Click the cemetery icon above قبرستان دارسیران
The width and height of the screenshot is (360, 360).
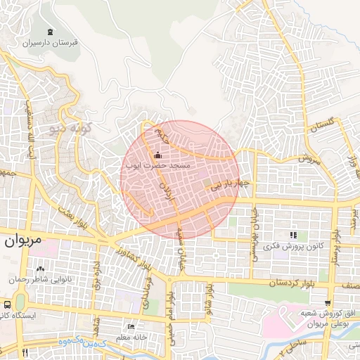tap(50, 32)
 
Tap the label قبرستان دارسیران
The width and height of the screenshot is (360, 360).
tap(50, 43)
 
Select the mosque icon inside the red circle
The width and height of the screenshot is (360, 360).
tap(157, 155)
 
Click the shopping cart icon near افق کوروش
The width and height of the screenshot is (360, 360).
tap(328, 302)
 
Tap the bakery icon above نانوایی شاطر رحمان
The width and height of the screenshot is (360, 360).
tap(40, 268)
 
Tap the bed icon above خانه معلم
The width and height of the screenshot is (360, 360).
tap(131, 327)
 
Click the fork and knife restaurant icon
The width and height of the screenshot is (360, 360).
tap(25, 352)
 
